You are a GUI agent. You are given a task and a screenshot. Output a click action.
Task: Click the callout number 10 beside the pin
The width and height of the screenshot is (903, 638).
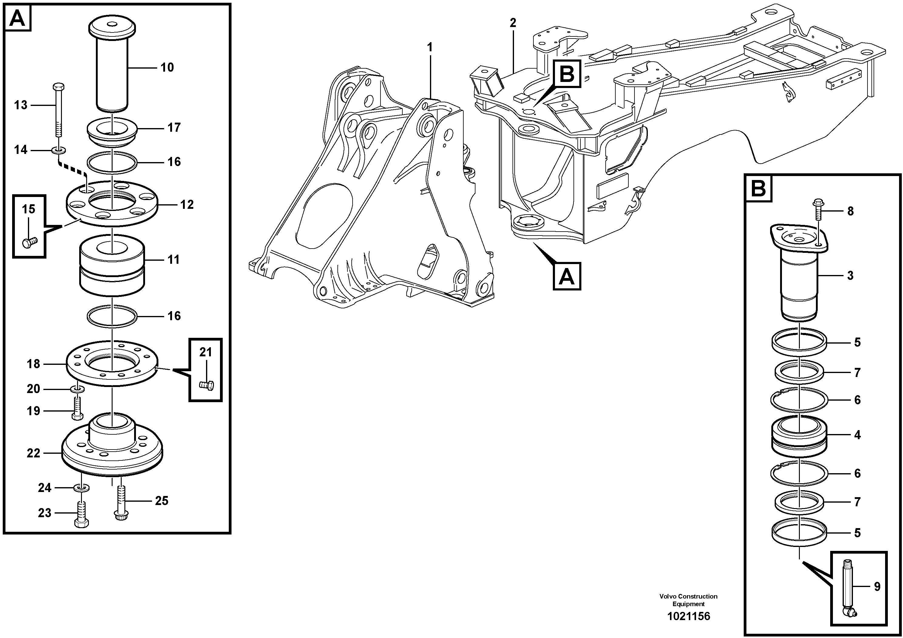click(x=167, y=68)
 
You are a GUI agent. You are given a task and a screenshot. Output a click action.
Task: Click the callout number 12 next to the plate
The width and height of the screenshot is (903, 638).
click(x=187, y=205)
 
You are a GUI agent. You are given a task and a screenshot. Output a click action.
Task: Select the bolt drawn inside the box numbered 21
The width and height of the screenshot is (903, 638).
click(x=206, y=385)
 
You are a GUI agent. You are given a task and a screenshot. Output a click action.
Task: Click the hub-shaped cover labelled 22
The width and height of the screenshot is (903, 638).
click(x=112, y=448)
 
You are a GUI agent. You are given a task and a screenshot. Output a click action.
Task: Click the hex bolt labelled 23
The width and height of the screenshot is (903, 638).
click(x=81, y=515)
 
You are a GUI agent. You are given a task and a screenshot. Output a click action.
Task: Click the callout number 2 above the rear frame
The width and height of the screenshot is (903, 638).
click(x=513, y=23)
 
